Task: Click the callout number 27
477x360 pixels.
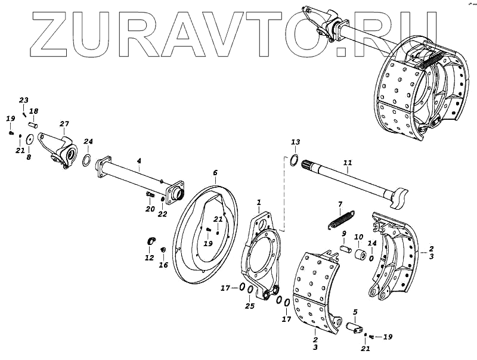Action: coord(64,123)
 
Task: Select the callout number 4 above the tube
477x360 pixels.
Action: coord(138,161)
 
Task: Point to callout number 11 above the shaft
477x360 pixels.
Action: coord(348,162)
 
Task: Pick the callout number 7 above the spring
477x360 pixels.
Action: coord(340,204)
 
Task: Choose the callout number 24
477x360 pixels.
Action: coord(88,141)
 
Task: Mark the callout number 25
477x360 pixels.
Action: coord(250,306)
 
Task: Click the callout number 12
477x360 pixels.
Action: coord(149,257)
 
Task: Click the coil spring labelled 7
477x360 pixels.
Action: coord(341,219)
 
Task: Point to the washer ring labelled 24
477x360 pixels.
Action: coord(86,160)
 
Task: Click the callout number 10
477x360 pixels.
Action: coord(358,237)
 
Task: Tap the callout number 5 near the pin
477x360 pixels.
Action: coord(355,311)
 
